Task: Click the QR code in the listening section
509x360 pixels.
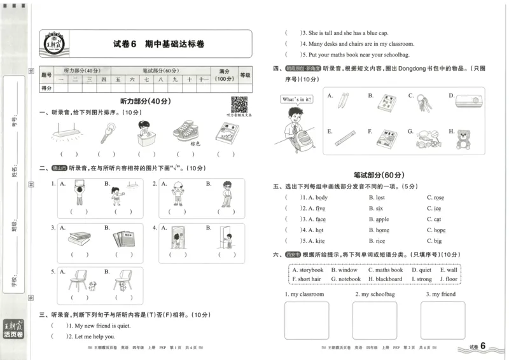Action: [239, 104]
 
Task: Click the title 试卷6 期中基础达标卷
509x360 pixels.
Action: [158, 44]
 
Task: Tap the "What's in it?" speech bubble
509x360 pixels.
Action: [296, 100]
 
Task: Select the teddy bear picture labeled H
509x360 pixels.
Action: [464, 139]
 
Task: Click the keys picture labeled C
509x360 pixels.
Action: [424, 102]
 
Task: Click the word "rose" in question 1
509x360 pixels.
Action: [438, 198]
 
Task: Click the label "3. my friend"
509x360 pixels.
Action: [440, 294]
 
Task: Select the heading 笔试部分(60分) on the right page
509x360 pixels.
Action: [379, 175]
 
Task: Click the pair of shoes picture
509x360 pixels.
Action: [186, 132]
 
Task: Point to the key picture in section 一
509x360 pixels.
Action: [106, 133]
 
